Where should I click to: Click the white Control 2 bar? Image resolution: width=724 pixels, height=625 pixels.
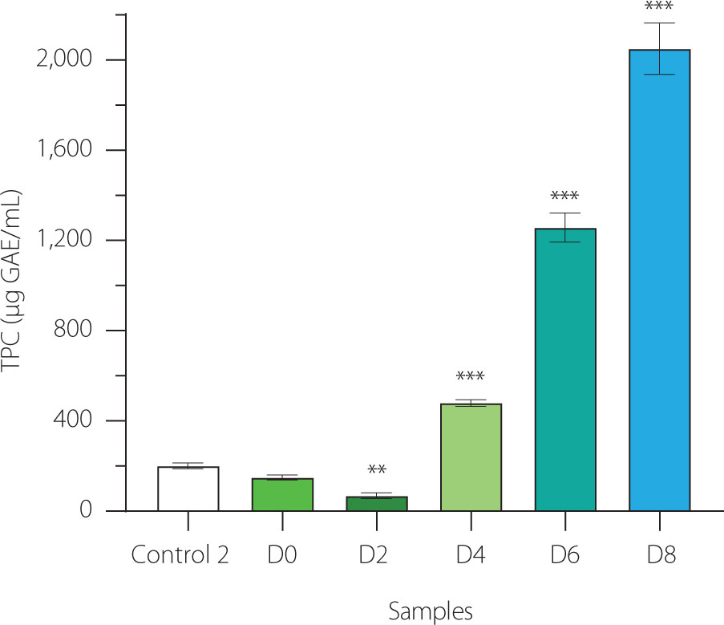[x=188, y=489]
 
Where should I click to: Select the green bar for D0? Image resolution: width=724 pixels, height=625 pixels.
[x=282, y=494]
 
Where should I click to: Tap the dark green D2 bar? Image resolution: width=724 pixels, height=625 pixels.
[x=377, y=504]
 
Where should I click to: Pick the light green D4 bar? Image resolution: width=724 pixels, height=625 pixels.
[x=471, y=457]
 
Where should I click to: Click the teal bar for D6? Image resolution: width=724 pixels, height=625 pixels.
[x=565, y=370]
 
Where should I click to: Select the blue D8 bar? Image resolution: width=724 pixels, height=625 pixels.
[x=659, y=280]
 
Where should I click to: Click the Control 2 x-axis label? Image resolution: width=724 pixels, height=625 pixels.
[x=180, y=556]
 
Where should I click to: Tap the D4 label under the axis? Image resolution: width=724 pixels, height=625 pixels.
[x=471, y=556]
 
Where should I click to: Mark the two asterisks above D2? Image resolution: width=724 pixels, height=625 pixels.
[x=377, y=470]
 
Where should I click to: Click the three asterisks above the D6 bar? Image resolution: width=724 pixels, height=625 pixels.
[x=565, y=196]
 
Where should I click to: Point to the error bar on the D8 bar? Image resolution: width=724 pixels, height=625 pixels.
[x=659, y=48]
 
